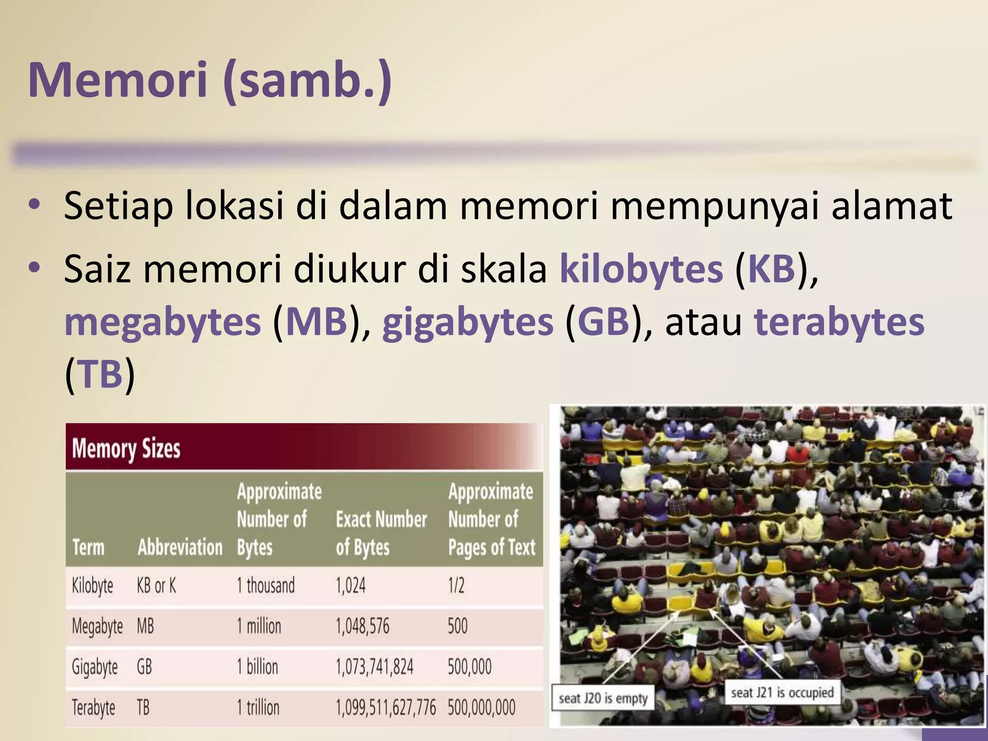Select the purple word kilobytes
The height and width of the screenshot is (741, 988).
641,269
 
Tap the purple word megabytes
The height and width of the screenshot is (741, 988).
163,322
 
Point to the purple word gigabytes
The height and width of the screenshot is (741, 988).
467,322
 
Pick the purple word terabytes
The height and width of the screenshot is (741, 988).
839,322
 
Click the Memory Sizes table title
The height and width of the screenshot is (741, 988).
126,449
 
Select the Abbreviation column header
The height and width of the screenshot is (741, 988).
180,548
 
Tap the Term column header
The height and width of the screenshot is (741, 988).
88,548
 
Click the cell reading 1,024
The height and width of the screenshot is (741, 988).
351,586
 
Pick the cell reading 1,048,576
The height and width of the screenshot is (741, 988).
362,626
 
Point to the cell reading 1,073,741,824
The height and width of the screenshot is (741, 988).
374,667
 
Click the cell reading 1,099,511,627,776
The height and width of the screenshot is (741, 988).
385,708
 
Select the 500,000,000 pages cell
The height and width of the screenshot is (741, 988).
481,708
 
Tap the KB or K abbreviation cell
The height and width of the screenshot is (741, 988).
156,586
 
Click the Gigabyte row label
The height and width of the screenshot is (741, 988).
95,667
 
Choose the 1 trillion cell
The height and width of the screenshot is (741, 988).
258,708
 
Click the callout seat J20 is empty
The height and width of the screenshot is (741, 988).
603,698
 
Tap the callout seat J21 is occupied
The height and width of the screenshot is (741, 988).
782,693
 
